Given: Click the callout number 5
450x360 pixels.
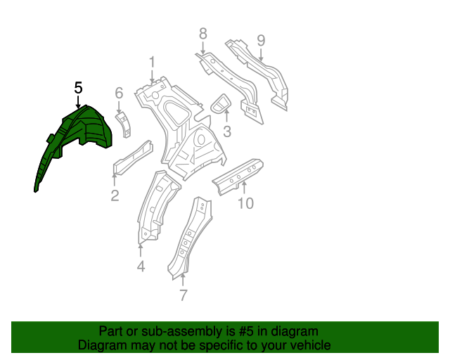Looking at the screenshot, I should click(x=78, y=88).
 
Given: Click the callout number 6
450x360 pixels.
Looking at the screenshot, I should click(x=119, y=93).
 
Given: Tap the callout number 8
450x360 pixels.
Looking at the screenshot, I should click(x=202, y=33).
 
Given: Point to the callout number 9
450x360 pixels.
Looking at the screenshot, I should click(x=261, y=40).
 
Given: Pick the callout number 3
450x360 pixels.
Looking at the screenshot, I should click(x=226, y=131).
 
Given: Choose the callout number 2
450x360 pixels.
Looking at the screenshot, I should click(x=115, y=195).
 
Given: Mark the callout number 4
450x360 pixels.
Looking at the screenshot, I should click(x=141, y=266).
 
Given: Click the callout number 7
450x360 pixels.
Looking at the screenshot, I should click(x=183, y=295).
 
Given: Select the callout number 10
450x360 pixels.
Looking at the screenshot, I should click(x=245, y=204).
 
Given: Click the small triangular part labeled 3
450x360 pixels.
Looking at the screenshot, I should click(x=221, y=104).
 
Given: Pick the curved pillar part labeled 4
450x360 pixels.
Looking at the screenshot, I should click(x=156, y=204).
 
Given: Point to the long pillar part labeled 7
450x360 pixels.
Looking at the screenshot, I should click(x=188, y=239).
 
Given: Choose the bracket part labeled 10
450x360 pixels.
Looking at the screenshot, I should click(x=239, y=175).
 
